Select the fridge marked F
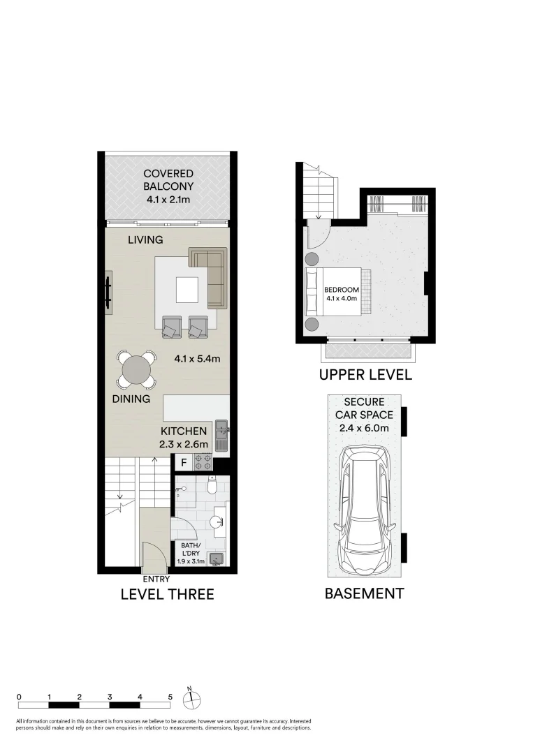pos(183,462)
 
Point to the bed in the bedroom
pos(335,292)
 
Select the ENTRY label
pos(156,579)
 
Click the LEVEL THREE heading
pos(167,595)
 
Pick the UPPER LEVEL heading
pos(365,375)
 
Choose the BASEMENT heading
pos(364,594)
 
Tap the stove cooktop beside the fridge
pos(203,461)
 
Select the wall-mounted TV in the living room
pos(108,291)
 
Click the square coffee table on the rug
pos(187,290)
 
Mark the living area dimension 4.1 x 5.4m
pos(198,360)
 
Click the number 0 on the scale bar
pos(19,697)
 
